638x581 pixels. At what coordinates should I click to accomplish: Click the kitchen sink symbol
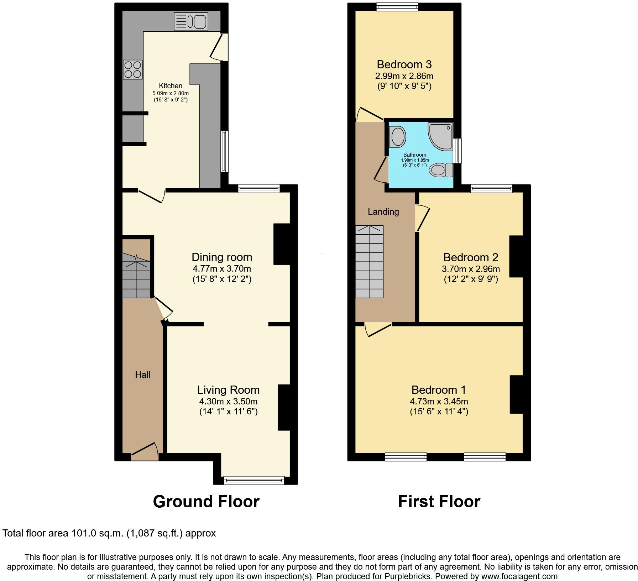click(x=191, y=21)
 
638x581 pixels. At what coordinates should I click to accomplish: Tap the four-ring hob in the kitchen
click(x=132, y=69)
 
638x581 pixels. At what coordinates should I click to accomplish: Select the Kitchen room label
click(x=171, y=86)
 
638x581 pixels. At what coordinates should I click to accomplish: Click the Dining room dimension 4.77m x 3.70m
click(x=222, y=268)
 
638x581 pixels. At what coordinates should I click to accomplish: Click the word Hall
click(x=142, y=375)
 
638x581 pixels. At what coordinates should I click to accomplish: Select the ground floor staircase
click(x=136, y=276)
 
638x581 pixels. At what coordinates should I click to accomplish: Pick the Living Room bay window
click(x=254, y=480)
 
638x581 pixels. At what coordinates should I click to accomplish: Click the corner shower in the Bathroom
click(x=440, y=135)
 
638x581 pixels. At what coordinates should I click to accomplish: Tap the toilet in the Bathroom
click(x=441, y=170)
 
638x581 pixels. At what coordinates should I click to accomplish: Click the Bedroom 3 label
click(x=404, y=64)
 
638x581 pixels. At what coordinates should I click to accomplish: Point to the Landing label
click(x=383, y=212)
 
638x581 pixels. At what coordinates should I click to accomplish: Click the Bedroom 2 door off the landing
click(x=422, y=218)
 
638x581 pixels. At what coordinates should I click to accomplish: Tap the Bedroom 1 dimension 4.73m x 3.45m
click(x=439, y=401)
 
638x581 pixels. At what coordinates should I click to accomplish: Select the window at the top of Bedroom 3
click(x=397, y=7)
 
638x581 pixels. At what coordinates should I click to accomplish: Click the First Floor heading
click(x=439, y=502)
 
